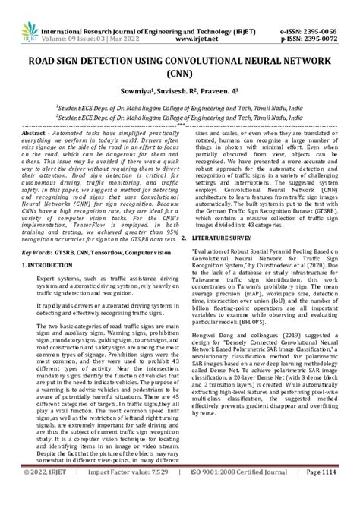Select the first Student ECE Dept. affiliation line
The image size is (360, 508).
tap(179, 109)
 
